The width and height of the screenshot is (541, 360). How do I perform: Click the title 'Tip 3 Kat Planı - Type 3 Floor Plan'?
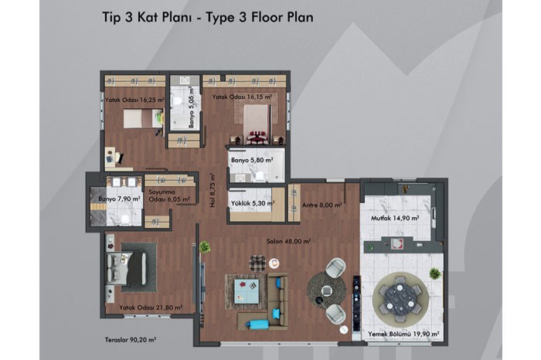208,17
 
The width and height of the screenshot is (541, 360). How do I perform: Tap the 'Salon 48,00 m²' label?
289,241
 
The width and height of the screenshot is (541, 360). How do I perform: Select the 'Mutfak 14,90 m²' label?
395,218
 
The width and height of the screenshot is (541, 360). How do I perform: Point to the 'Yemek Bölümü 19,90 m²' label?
403,334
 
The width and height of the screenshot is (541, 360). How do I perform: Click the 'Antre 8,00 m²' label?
322,205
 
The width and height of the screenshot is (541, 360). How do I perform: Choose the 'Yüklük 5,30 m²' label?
253,203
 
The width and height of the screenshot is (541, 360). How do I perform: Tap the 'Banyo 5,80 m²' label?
252,161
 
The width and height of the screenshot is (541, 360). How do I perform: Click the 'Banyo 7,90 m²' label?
119,199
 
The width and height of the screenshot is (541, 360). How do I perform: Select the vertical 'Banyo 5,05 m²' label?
192,107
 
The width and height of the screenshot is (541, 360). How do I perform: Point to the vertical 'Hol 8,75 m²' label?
213,190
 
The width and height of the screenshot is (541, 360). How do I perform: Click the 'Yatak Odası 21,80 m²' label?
151,307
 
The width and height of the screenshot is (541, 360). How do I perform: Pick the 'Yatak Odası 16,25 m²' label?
135,100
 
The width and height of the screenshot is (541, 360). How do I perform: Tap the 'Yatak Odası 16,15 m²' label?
242,97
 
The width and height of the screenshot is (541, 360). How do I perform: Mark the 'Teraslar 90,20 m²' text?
131,340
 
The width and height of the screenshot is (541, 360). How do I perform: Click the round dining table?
400,299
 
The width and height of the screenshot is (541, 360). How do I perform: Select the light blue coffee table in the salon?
247,291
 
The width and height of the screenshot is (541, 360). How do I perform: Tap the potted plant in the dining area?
434,273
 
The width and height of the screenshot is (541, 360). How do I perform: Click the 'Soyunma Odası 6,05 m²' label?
169,195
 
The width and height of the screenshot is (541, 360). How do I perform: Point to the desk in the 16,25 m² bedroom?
110,157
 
